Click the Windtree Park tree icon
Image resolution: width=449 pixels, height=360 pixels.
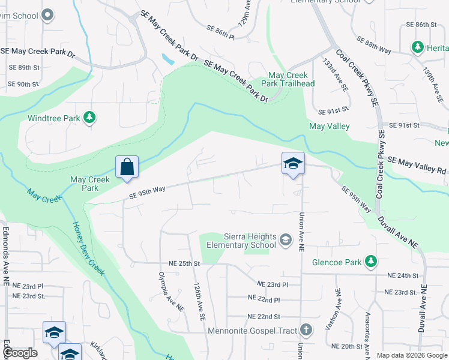tap(89, 117)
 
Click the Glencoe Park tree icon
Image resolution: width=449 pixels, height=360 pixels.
tap(372, 261)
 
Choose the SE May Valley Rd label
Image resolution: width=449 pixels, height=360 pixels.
tap(418, 164)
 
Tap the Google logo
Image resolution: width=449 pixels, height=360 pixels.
tap(20, 353)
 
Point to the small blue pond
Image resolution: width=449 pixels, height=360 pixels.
tap(167, 59)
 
